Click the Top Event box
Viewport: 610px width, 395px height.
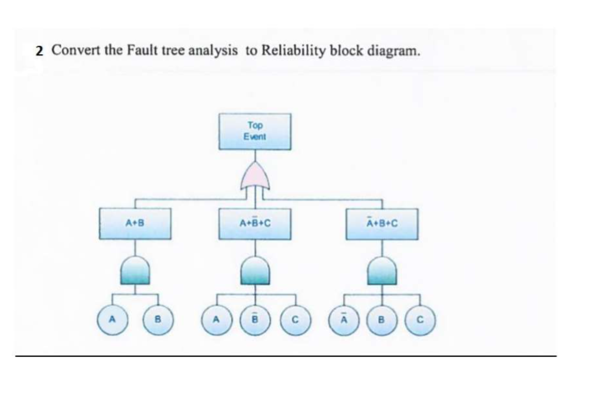pyautogui.click(x=255, y=131)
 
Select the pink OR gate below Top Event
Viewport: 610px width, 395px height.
pyautogui.click(x=255, y=175)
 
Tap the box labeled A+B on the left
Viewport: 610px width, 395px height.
pyautogui.click(x=135, y=224)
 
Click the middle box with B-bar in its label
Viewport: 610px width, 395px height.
pyautogui.click(x=255, y=224)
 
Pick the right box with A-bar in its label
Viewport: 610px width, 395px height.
pyautogui.click(x=382, y=224)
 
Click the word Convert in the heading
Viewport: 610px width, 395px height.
pyautogui.click(x=76, y=51)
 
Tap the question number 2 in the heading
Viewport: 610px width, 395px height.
pyautogui.click(x=39, y=51)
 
